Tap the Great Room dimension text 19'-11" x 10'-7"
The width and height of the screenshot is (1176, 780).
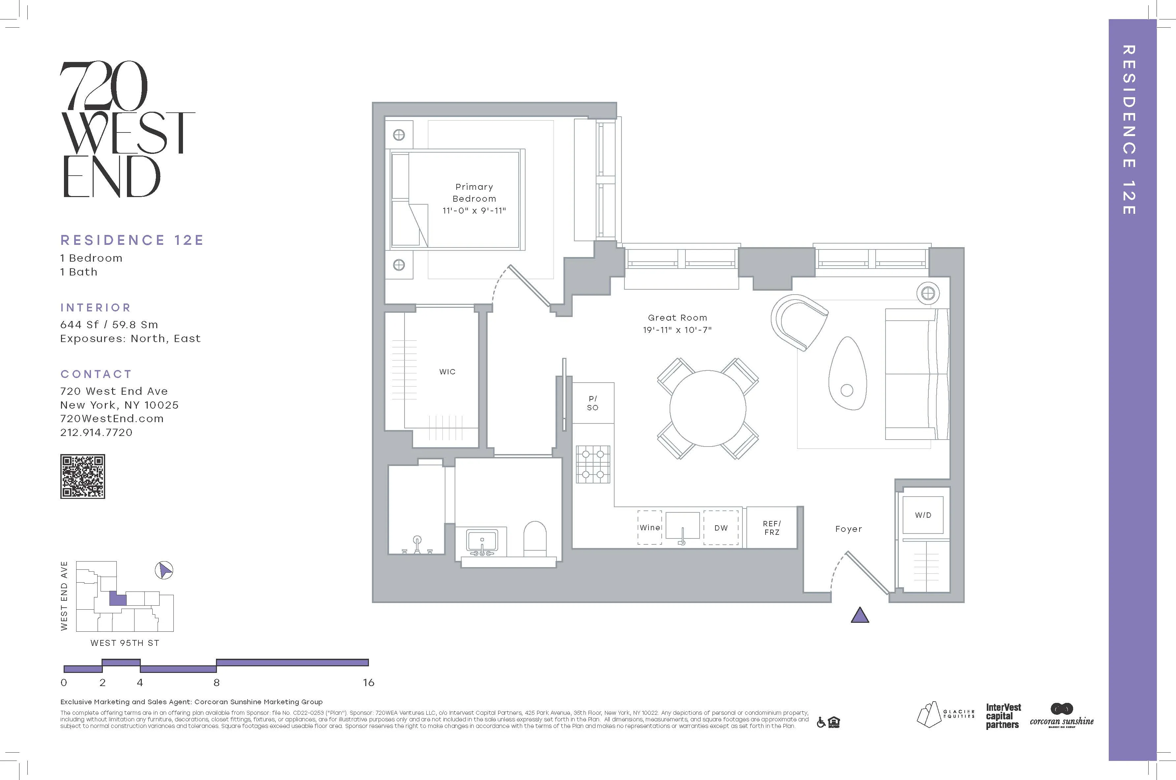tap(677, 330)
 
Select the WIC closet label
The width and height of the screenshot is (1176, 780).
tap(447, 372)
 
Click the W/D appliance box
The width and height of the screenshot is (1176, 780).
tap(923, 515)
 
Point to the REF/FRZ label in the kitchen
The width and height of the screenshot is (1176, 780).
tap(771, 528)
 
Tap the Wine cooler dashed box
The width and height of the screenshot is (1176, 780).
tap(649, 527)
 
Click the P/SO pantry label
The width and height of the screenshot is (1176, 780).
tap(592, 403)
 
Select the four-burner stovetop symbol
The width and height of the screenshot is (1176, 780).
tap(593, 464)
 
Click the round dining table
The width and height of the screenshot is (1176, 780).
tap(708, 408)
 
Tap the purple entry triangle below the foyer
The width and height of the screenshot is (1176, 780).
tap(859, 616)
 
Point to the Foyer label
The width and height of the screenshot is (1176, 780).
tap(848, 529)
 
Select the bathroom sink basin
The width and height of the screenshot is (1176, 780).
tap(481, 541)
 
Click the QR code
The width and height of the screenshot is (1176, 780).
tap(83, 476)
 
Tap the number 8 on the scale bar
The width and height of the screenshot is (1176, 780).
tap(217, 682)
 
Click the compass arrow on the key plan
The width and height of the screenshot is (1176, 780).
tap(164, 570)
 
